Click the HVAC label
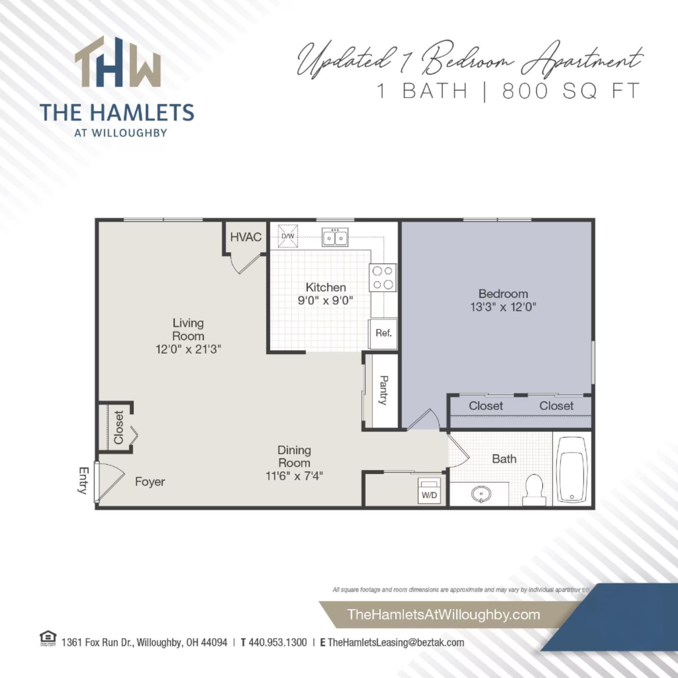coord(246,237)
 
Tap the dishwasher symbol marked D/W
coord(288,236)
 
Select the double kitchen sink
coord(335,238)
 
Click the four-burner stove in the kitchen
coord(382,278)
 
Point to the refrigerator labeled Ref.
coord(383,333)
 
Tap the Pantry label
coord(383,390)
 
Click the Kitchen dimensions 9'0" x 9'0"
coord(325,300)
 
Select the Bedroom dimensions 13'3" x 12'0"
coord(503,307)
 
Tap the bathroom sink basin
coord(481,495)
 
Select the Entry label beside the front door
coord(83,481)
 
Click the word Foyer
coord(150,482)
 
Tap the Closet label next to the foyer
coord(119,428)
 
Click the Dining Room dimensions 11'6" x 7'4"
coord(294,476)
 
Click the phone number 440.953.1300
coord(278,643)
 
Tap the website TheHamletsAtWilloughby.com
coord(443,614)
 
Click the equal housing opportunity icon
coord(48,639)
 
